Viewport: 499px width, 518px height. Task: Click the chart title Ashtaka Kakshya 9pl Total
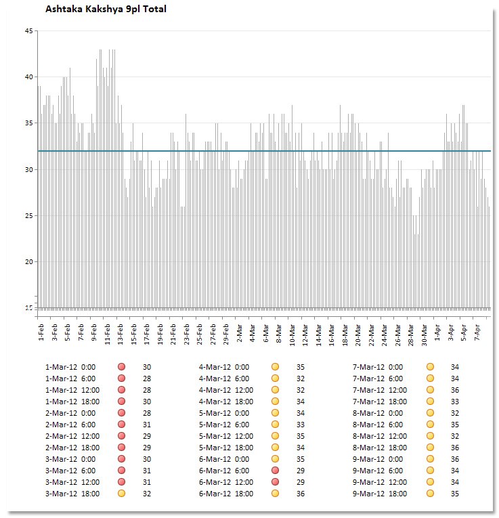coord(105,9)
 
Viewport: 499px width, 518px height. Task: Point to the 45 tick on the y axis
coord(28,30)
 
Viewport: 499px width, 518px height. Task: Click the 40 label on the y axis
coord(28,77)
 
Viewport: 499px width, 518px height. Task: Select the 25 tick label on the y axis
coord(28,215)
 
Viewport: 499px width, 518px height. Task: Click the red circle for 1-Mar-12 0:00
coord(122,366)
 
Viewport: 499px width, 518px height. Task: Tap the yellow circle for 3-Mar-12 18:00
coord(122,494)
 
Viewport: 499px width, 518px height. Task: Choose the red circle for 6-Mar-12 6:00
coord(276,470)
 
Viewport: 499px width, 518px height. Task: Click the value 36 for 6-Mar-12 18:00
coord(301,494)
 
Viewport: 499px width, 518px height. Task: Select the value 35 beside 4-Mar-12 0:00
coord(301,366)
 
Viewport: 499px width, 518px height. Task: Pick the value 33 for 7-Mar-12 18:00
coord(455,402)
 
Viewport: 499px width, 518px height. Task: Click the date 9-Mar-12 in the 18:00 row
coord(368,494)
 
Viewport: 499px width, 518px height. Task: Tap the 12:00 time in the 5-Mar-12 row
coord(244,435)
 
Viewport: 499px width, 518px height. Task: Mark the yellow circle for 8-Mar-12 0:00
coord(430,412)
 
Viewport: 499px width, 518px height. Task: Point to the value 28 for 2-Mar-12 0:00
coord(146,412)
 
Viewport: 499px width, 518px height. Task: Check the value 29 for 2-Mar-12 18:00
coord(146,448)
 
